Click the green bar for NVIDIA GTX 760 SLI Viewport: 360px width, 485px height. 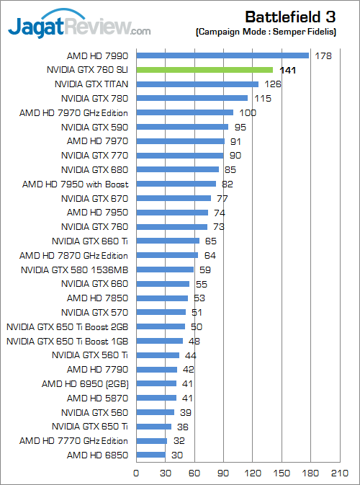pyautogui.click(x=204, y=70)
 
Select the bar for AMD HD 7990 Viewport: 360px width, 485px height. pyautogui.click(x=222, y=55)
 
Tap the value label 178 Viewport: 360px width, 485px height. pyautogui.click(x=323, y=55)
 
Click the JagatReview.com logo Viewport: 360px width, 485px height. pyautogui.click(x=79, y=27)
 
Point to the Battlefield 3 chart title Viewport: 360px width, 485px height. pyautogui.click(x=294, y=16)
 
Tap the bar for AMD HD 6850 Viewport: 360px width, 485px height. pyautogui.click(x=150, y=455)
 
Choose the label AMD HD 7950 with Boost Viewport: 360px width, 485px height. pyautogui.click(x=75, y=184)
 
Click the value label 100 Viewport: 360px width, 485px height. pyautogui.click(x=248, y=112)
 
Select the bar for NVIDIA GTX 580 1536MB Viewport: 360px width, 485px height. pyautogui.click(x=165, y=270)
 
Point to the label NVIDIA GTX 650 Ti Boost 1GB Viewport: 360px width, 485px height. pyautogui.click(x=67, y=341)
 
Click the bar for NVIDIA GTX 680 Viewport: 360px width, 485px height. pyautogui.click(x=177, y=170)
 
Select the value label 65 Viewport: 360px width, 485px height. pyautogui.click(x=211, y=241)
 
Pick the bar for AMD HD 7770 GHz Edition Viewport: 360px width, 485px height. pyautogui.click(x=151, y=440)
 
